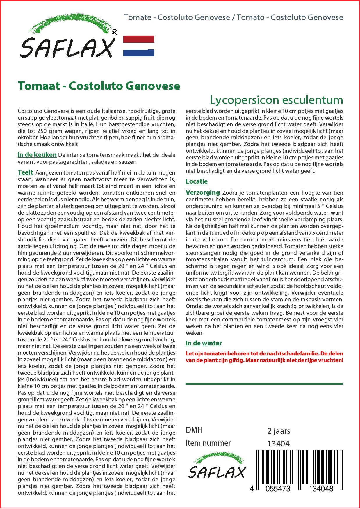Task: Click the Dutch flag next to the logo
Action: (x=139, y=46)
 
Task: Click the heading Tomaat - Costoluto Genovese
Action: (x=99, y=86)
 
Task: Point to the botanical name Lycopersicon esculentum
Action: (x=276, y=100)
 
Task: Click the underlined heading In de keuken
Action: (x=37, y=155)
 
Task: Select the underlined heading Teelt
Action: (x=25, y=172)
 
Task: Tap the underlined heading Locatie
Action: (x=197, y=181)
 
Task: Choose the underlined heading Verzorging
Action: (x=203, y=192)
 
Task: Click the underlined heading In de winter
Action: (x=204, y=343)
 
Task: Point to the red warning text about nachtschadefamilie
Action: (x=264, y=357)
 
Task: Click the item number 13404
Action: (x=278, y=444)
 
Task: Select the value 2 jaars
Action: (x=278, y=431)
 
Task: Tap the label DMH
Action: (x=194, y=430)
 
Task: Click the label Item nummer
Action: (x=208, y=443)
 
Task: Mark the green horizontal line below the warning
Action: (x=264, y=384)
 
